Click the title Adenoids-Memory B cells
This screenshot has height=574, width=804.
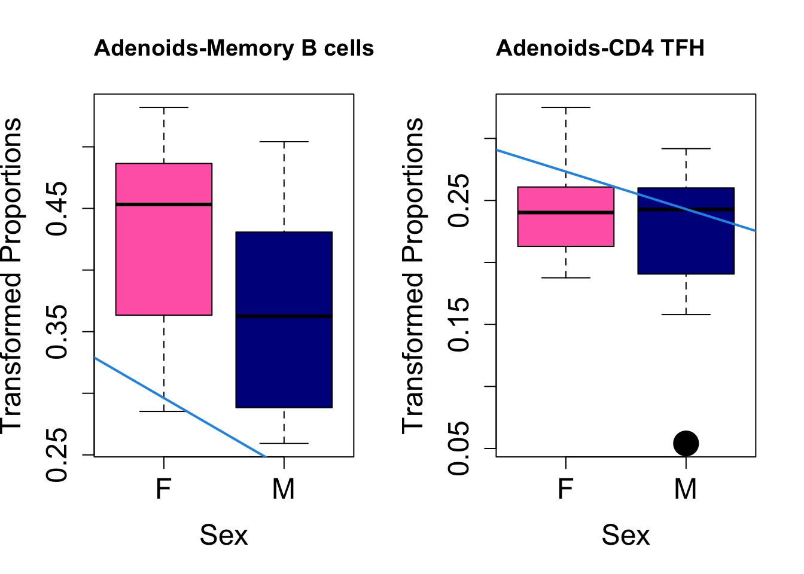click(x=234, y=48)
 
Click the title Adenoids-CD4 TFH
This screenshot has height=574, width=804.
click(x=600, y=48)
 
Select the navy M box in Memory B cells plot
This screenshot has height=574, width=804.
click(x=284, y=359)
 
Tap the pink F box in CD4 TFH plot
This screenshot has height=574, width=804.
click(x=565, y=230)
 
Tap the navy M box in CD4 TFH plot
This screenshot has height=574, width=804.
click(x=686, y=245)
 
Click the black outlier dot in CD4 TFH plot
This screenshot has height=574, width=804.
click(x=686, y=443)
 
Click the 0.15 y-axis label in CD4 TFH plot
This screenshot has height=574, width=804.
click(x=461, y=325)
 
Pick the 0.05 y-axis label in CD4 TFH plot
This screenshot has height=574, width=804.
click(x=461, y=448)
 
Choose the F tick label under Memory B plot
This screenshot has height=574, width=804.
click(x=163, y=489)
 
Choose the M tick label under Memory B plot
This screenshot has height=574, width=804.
click(x=284, y=489)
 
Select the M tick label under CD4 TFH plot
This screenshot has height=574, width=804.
click(x=686, y=489)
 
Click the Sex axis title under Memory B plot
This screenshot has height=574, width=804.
click(x=223, y=535)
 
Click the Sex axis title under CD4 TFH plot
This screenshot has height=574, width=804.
click(x=625, y=535)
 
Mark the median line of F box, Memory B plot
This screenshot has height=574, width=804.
click(x=164, y=204)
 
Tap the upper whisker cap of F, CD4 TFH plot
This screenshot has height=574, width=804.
click(x=565, y=108)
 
